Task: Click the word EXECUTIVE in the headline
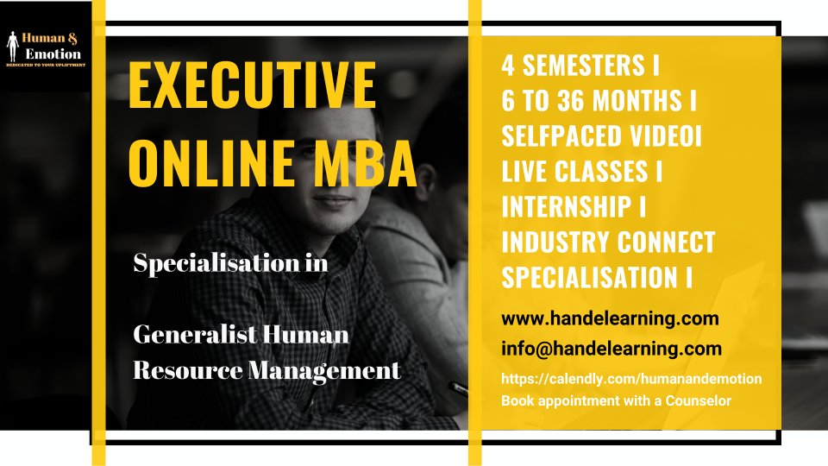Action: tap(252, 85)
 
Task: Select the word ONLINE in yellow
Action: tap(211, 163)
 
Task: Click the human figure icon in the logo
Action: tap(13, 47)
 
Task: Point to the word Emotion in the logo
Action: tap(53, 54)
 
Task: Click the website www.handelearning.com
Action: tap(610, 318)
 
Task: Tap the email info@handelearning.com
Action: tap(612, 349)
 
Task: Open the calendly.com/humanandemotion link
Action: tap(631, 379)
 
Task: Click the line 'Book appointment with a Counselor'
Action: tap(616, 401)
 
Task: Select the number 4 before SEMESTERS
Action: tap(508, 66)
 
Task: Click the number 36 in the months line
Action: tap(571, 100)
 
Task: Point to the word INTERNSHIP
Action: tap(566, 206)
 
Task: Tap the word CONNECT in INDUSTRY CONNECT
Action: tap(667, 242)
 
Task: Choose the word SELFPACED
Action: tap(561, 135)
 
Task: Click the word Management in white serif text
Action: tap(324, 371)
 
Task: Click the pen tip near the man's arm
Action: tap(450, 385)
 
